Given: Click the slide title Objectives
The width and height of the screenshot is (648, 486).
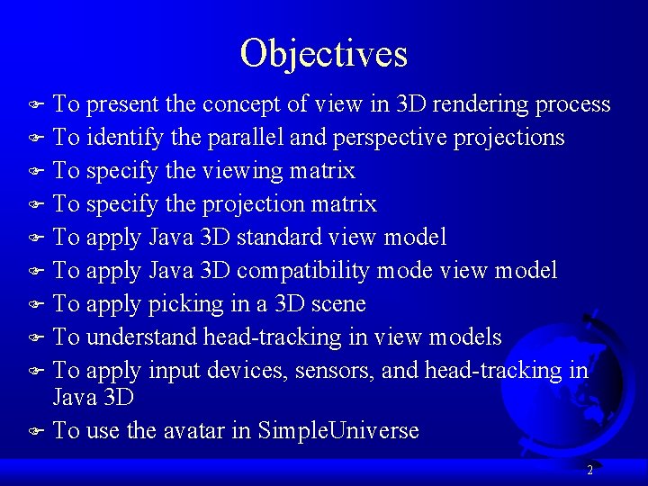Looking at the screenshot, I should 324,53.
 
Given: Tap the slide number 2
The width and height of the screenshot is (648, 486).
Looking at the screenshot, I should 589,470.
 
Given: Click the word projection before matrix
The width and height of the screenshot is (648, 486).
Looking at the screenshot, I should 253,204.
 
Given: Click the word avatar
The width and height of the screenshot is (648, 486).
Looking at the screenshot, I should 193,431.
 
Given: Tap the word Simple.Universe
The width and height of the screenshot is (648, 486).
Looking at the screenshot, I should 338,431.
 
